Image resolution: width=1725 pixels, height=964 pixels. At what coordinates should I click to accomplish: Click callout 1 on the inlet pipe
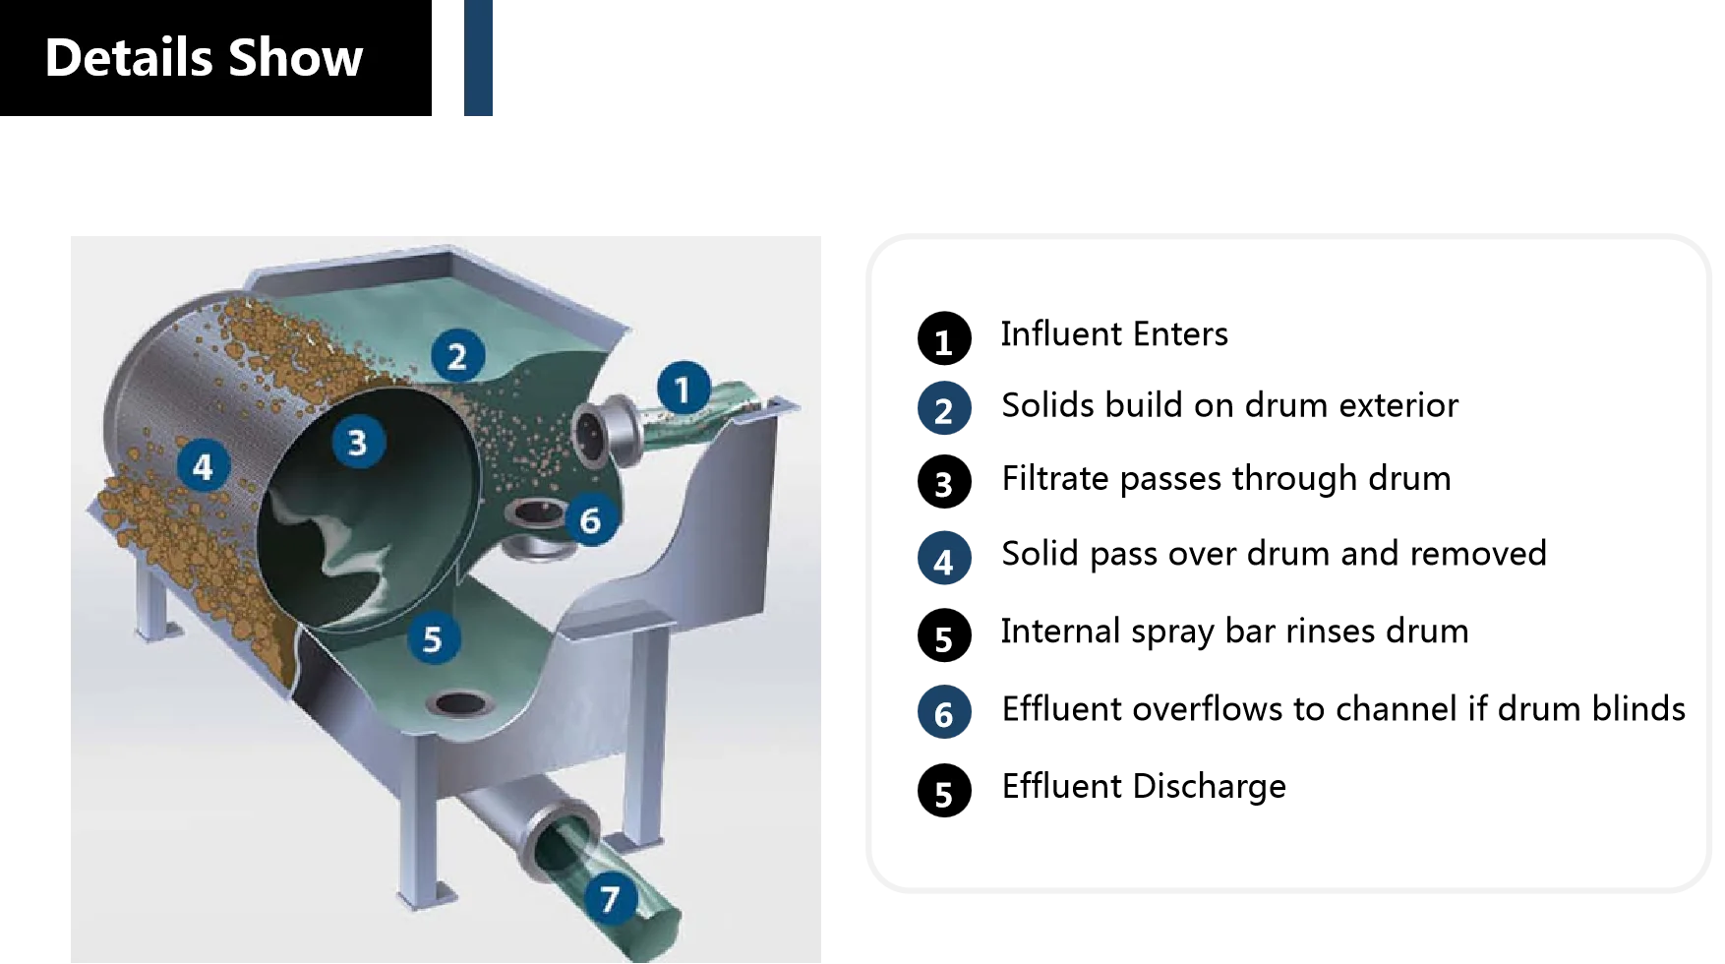[x=684, y=389]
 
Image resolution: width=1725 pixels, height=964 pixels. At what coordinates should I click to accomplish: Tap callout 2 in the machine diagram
[x=457, y=355]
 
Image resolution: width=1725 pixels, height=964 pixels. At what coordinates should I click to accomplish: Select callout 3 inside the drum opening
[x=358, y=442]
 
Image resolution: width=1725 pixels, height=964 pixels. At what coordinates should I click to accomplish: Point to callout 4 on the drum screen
[x=204, y=465]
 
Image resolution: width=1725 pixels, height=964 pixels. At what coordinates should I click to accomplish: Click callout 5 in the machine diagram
[x=433, y=638]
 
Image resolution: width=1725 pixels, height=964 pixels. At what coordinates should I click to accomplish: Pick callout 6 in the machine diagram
[x=590, y=519]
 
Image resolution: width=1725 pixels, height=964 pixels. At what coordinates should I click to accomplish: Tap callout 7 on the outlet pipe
[x=611, y=898]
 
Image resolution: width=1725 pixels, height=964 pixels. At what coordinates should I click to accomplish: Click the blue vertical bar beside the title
[x=480, y=58]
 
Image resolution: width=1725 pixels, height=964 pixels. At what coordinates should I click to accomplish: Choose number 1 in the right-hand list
[x=943, y=343]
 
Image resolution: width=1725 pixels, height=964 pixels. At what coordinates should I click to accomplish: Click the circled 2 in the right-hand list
[x=943, y=410]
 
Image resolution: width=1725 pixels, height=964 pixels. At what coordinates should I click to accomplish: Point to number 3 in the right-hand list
[x=943, y=485]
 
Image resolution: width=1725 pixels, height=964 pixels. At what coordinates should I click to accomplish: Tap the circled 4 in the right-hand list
[x=943, y=562]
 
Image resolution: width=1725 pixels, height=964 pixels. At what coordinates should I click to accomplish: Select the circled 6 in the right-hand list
[x=943, y=713]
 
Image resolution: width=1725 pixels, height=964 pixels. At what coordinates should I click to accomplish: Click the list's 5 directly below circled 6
[x=943, y=795]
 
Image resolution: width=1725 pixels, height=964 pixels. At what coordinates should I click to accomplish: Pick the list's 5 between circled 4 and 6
[x=943, y=640]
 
